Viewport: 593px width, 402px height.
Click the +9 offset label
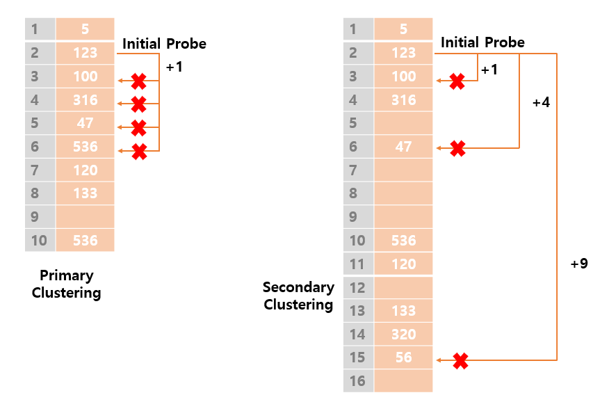pyautogui.click(x=578, y=264)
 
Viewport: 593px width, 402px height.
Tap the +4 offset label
pyautogui.click(x=540, y=102)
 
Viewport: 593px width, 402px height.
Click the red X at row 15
pyautogui.click(x=460, y=361)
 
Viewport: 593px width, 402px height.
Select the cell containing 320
pyautogui.click(x=403, y=335)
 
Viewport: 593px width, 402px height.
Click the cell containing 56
pyautogui.click(x=403, y=357)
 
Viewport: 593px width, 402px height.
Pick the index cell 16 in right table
pyautogui.click(x=357, y=381)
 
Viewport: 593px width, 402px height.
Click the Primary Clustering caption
pyautogui.click(x=66, y=284)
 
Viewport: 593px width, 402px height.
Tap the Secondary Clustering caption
pyautogui.click(x=298, y=296)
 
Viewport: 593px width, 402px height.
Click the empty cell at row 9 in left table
pyautogui.click(x=85, y=217)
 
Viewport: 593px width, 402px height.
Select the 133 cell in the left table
pyautogui.click(x=85, y=193)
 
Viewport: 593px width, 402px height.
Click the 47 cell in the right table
pyautogui.click(x=403, y=147)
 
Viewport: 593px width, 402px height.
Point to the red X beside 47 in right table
pyautogui.click(x=457, y=148)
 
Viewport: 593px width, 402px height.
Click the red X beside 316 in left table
pyautogui.click(x=138, y=105)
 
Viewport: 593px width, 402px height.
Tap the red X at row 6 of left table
pyautogui.click(x=139, y=151)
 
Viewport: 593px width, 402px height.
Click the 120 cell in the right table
pyautogui.click(x=403, y=264)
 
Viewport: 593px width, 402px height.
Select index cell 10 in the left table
pyautogui.click(x=39, y=241)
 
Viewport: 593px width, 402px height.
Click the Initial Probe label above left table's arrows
pyautogui.click(x=164, y=44)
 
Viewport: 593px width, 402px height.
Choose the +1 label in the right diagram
pyautogui.click(x=489, y=70)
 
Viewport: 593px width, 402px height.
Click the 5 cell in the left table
pyautogui.click(x=85, y=29)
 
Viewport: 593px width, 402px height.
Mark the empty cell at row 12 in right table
pyautogui.click(x=403, y=287)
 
